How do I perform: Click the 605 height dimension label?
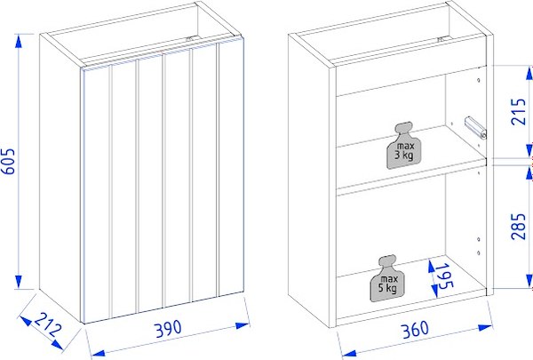9,161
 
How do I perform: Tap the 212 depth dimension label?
47,325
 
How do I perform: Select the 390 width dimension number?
169,328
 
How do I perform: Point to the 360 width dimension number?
415,330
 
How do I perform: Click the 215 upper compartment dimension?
519,112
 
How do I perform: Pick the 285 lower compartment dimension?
519,227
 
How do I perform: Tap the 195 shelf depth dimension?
445,276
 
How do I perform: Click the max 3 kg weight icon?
403,145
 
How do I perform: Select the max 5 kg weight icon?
387,277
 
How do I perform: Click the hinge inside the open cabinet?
475,128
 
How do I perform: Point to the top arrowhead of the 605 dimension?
19,41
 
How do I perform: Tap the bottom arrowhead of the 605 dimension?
19,282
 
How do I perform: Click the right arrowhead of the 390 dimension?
243,325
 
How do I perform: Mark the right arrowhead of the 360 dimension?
485,328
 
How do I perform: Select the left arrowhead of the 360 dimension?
348,354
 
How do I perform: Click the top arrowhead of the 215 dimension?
529,73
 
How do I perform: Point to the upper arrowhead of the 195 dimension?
431,267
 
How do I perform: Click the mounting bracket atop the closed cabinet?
191,38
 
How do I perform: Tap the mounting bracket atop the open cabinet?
442,39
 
